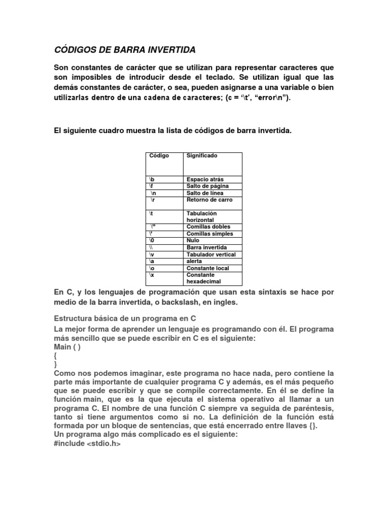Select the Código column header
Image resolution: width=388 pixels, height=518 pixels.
[x=159, y=156]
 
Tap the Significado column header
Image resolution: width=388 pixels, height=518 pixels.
[x=202, y=156]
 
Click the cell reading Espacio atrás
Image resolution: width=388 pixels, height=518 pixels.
[x=205, y=180]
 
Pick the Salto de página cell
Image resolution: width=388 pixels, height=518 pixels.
[x=207, y=186]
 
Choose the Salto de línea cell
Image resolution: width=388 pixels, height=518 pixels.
[x=205, y=193]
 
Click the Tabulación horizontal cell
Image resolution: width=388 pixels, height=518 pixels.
[x=201, y=217]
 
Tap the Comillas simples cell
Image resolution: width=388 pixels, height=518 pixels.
[x=210, y=234]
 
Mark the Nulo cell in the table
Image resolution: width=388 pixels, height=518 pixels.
[x=193, y=241]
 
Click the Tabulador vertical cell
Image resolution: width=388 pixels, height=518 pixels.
[x=211, y=254]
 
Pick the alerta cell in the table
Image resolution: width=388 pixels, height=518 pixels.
[x=195, y=261]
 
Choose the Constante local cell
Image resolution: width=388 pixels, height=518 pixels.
[x=208, y=268]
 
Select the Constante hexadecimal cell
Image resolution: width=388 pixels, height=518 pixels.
[x=204, y=278]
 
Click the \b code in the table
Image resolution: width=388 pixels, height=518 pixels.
[x=152, y=180]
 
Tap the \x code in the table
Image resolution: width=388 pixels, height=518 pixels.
[x=152, y=275]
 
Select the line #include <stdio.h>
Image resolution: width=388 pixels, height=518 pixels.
[x=87, y=443]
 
